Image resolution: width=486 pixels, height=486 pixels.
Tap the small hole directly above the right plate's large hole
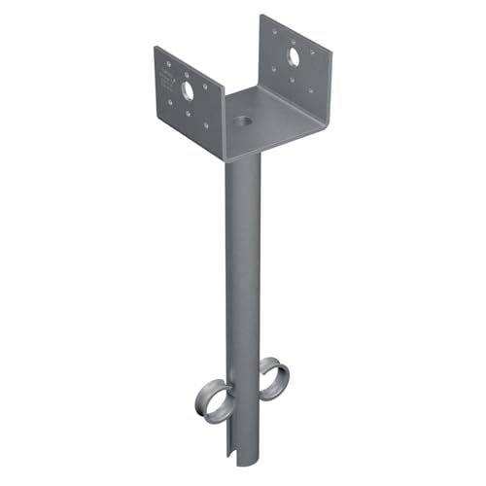tap(294, 39)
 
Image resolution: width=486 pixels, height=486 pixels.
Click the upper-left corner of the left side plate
tap(155, 46)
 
